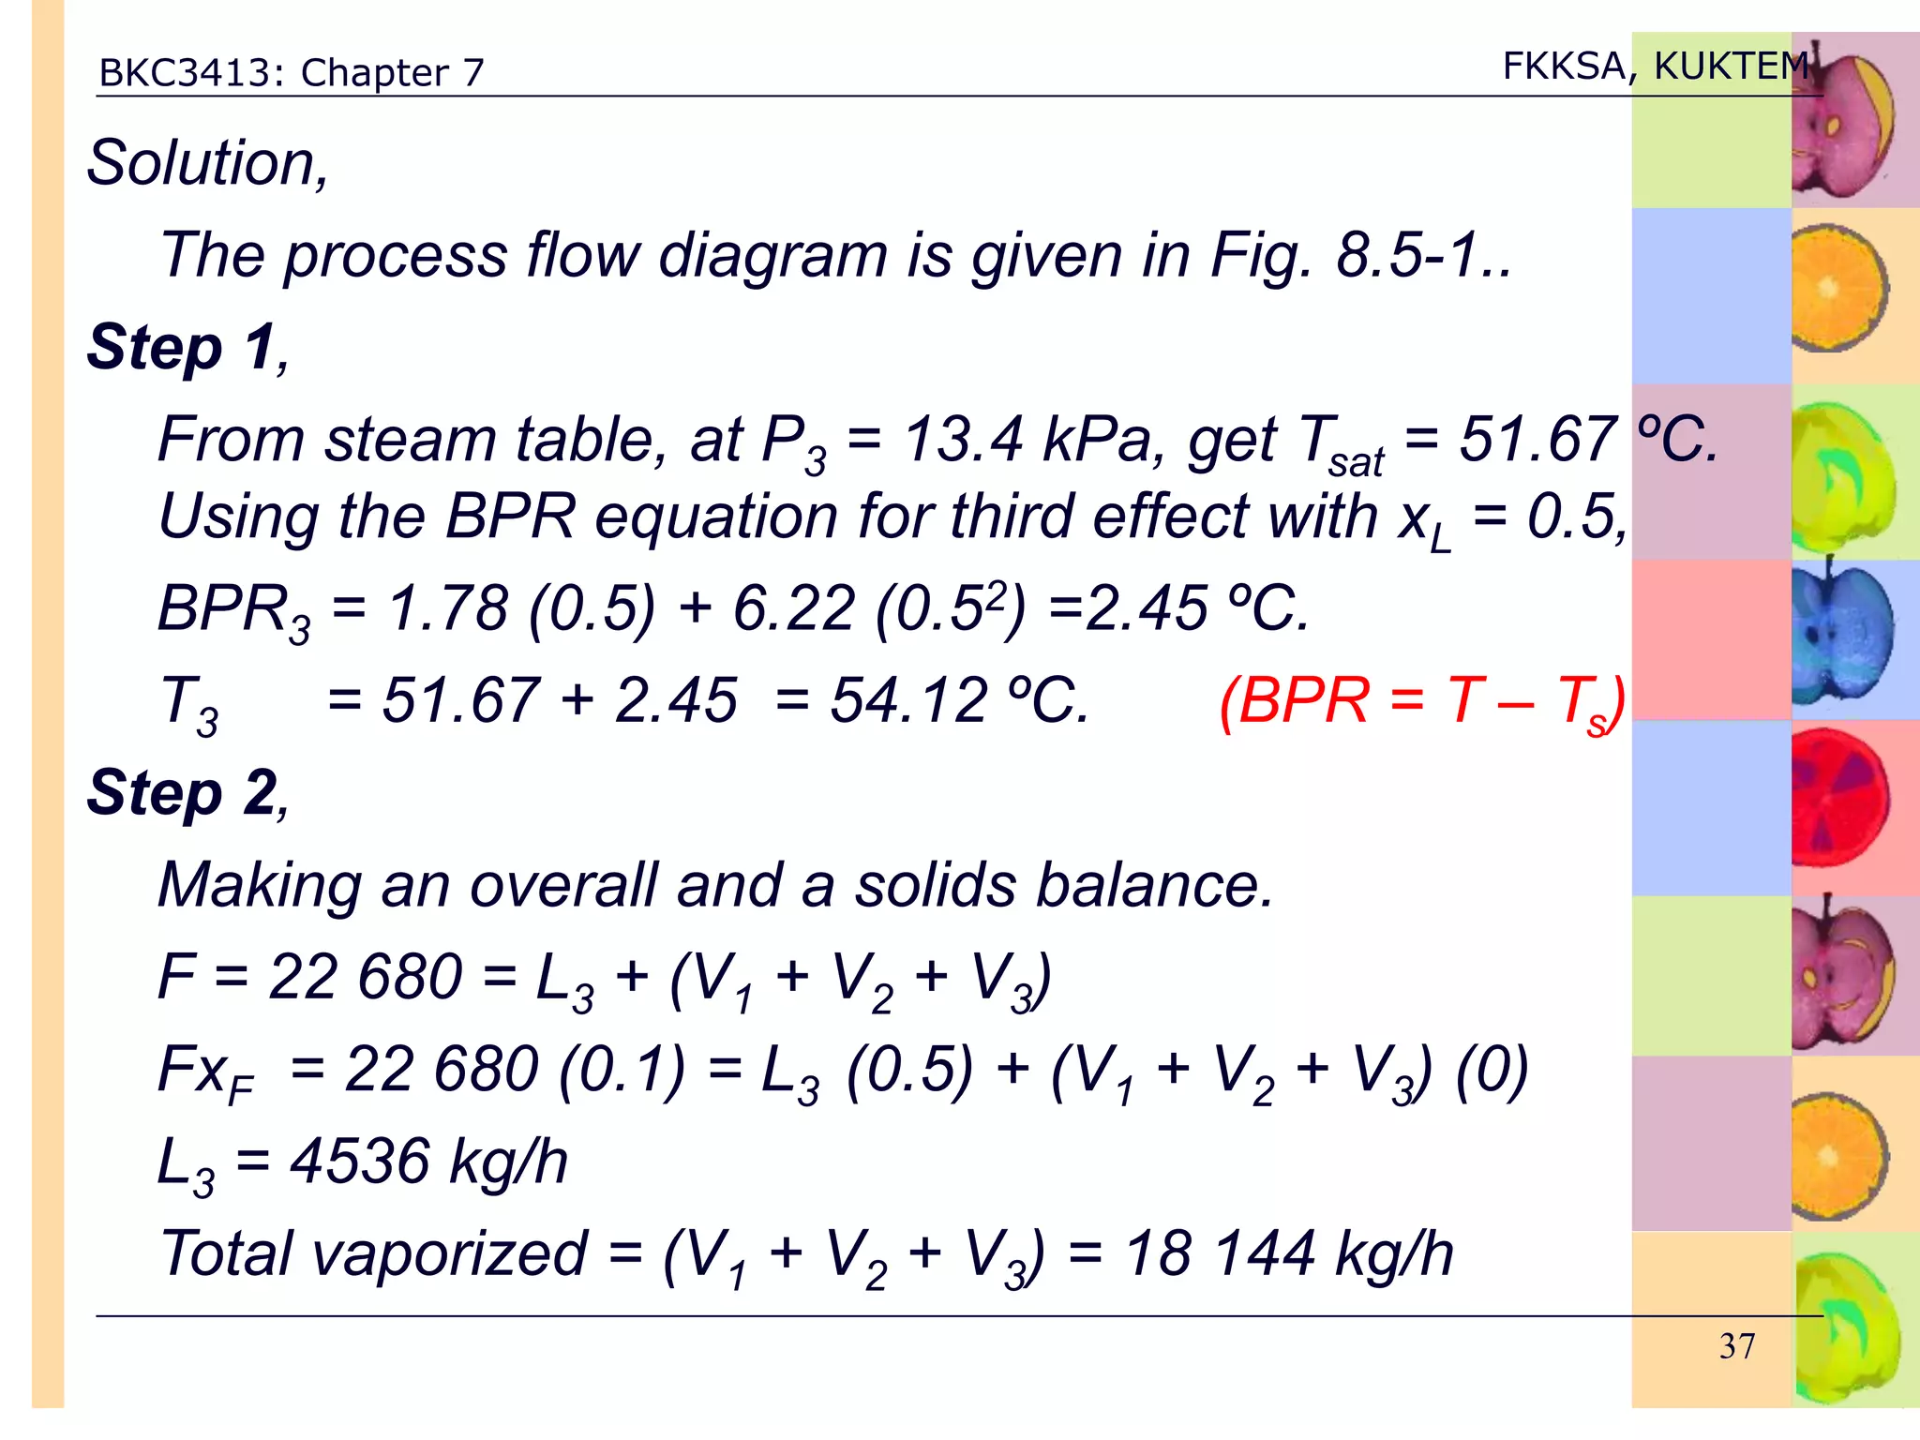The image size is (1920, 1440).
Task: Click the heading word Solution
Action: [206, 163]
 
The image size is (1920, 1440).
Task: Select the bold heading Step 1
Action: [184, 348]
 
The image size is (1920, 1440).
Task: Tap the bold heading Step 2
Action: [184, 793]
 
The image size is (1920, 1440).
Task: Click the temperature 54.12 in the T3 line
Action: [909, 700]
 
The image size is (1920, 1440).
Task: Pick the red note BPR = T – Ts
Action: [1421, 701]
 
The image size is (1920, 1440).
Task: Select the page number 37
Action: [1736, 1346]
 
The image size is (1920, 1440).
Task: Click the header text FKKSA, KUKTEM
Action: [1655, 66]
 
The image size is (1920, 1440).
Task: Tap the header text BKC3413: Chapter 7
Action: [292, 73]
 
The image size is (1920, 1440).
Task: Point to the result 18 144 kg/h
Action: [1289, 1253]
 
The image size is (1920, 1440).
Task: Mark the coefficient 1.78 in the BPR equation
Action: [448, 608]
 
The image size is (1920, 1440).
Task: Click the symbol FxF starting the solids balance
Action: [204, 1071]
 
